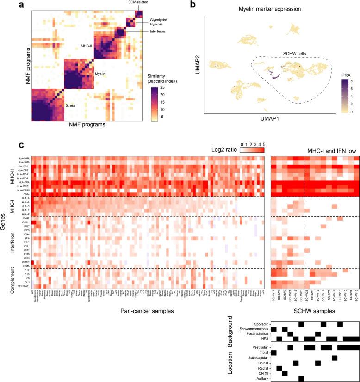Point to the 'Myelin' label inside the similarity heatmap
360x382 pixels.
click(101, 73)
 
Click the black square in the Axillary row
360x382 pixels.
click(301, 378)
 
